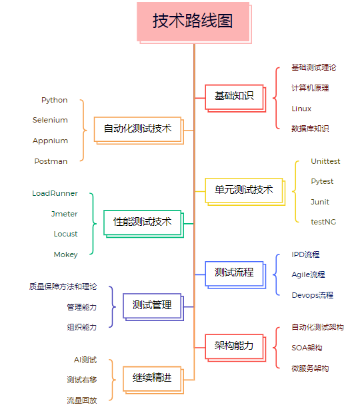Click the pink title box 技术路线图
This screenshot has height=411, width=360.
pos(194,23)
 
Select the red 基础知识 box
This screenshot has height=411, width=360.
pos(235,98)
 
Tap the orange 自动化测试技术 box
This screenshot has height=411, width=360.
pos(139,131)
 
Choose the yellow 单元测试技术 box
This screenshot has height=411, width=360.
pos(245,192)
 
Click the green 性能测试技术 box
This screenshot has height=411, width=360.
pos(143,224)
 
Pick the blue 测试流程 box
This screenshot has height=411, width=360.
pos(235,274)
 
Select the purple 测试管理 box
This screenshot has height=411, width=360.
pos(153,307)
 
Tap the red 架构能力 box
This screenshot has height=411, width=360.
pos(235,348)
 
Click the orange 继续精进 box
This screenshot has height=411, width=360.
pos(153,380)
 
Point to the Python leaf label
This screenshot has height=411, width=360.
pos(55,101)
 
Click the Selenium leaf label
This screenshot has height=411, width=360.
pos(50,120)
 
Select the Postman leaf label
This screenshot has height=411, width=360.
pos(51,161)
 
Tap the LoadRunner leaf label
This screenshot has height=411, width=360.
pos(55,193)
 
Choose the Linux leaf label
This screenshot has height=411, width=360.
pos(301,109)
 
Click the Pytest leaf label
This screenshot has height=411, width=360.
pos(322,182)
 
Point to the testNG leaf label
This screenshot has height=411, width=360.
pos(323,222)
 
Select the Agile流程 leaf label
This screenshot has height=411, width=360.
pos(308,274)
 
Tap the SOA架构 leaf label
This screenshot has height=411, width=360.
pos(307,348)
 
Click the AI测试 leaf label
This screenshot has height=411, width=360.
pos(85,360)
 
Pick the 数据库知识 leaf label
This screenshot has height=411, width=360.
pos(310,129)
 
